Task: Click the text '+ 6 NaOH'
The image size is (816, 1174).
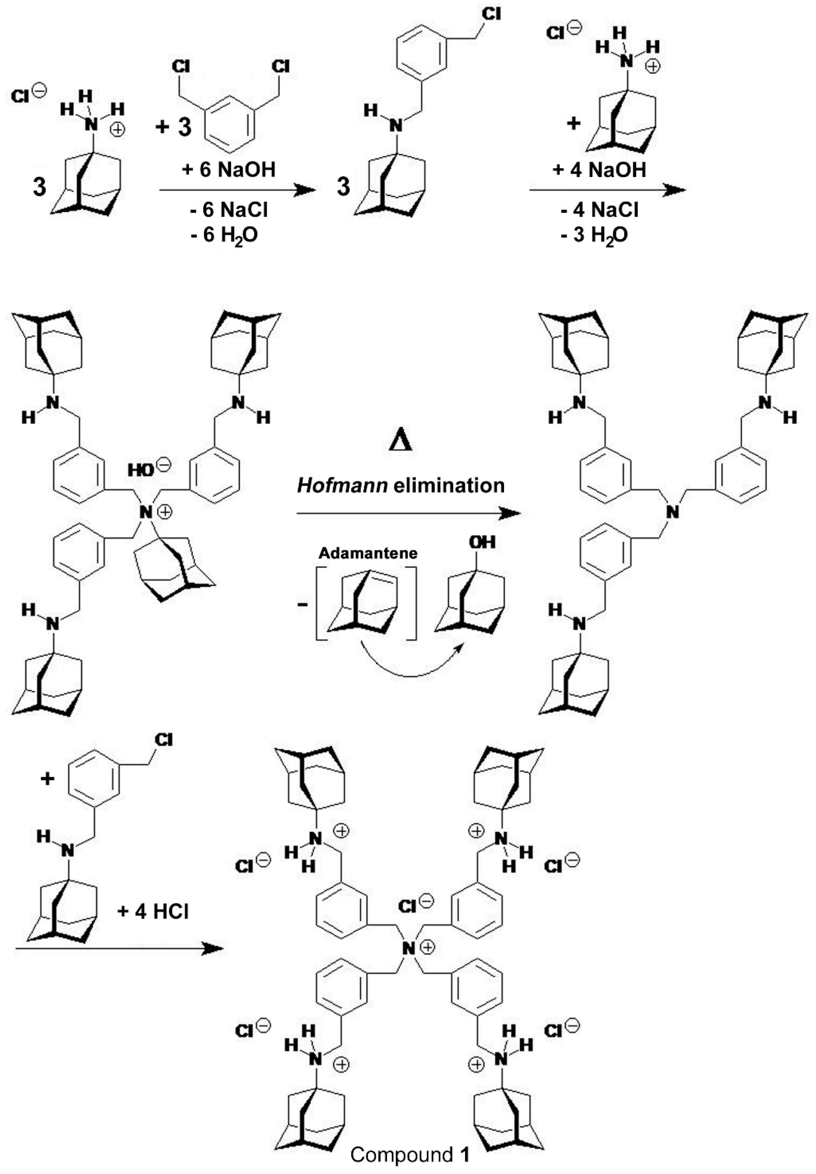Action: pyautogui.click(x=229, y=169)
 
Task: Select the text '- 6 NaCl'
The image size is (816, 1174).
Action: pyautogui.click(x=229, y=210)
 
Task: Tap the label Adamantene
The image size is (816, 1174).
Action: pyautogui.click(x=368, y=553)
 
